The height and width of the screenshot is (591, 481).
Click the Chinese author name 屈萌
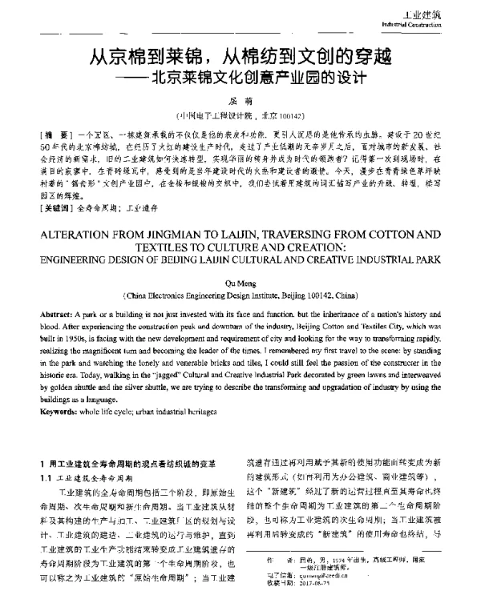tap(240, 98)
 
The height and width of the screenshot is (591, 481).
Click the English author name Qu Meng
tap(240, 258)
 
